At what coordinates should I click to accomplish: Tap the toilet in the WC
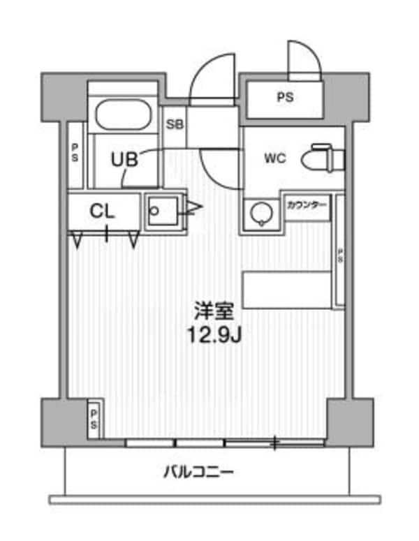(x=325, y=158)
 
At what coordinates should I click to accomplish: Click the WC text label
(x=274, y=158)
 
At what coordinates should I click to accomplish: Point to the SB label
(x=175, y=126)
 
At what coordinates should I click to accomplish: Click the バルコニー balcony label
(x=198, y=473)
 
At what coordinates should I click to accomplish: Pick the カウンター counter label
(x=307, y=205)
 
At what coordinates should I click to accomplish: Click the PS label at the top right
(x=284, y=98)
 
